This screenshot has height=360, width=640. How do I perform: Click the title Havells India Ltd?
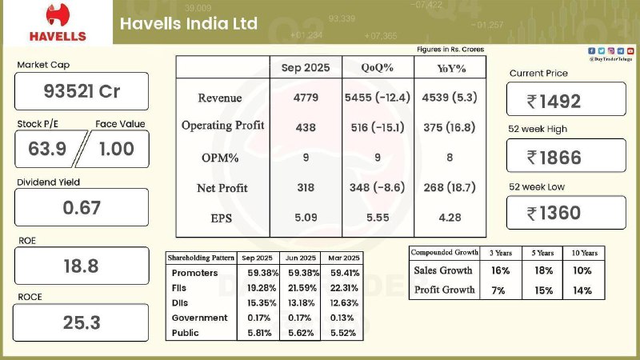click(189, 23)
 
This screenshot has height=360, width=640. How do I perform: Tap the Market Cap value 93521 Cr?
click(82, 91)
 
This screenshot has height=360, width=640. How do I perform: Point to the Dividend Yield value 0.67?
click(82, 207)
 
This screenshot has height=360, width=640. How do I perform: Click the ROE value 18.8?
click(82, 266)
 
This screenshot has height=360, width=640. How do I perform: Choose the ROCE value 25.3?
click(82, 323)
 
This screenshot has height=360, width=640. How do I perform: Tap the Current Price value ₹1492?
click(566, 101)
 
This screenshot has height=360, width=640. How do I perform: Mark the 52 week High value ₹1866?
click(566, 157)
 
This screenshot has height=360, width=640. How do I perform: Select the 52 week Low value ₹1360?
click(566, 213)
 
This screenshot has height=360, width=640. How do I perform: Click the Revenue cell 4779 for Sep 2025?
click(306, 98)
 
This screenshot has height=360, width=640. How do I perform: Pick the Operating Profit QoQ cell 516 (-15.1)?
click(376, 126)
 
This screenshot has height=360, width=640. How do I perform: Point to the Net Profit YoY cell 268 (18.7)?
click(450, 187)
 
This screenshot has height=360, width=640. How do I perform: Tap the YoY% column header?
click(449, 67)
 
